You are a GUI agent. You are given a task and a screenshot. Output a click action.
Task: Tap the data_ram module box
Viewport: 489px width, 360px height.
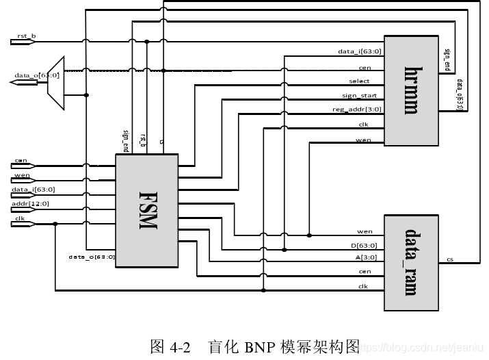pos(410,263)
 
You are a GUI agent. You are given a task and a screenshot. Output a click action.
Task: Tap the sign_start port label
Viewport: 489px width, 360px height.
pos(359,96)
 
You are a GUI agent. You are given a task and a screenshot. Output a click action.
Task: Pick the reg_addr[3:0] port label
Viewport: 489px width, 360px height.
pos(357,110)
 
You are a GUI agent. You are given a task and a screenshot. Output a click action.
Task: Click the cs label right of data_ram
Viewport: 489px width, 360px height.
pos(449,259)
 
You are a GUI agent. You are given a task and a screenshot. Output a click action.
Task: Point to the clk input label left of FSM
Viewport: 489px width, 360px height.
pos(20,218)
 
